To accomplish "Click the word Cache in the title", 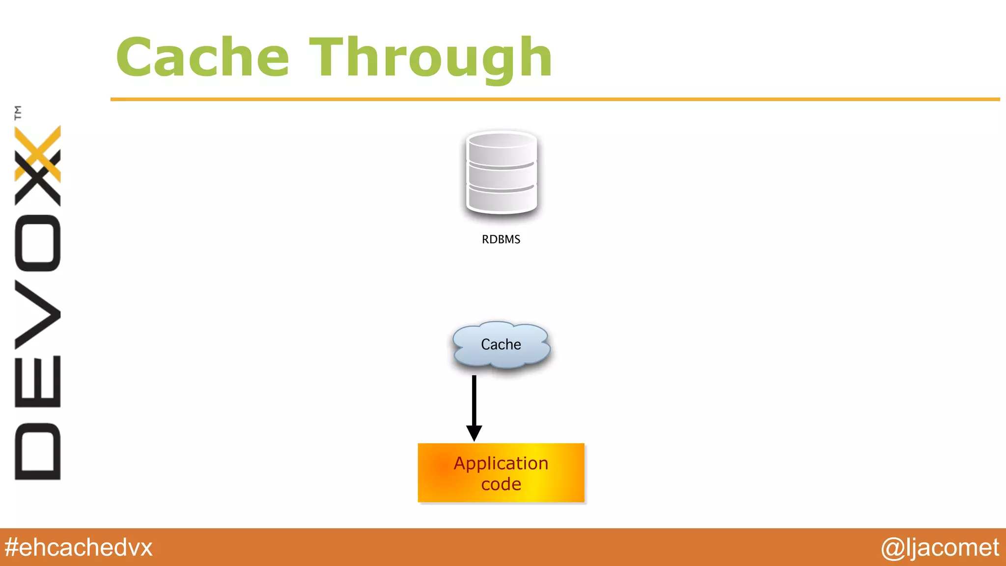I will click(202, 58).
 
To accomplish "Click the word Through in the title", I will click(431, 58).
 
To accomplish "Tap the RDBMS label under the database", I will click(501, 239).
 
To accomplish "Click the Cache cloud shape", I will click(501, 344).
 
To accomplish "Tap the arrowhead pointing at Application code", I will click(474, 433).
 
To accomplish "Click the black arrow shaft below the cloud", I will click(474, 400).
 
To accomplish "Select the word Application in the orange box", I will click(501, 463).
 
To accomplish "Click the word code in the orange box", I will click(501, 484).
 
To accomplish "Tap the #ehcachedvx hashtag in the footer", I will click(79, 547).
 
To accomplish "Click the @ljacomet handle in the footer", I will click(940, 547).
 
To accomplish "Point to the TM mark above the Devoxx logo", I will click(18, 113).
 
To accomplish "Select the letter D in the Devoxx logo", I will click(38, 451).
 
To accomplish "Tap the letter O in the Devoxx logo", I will click(38, 243).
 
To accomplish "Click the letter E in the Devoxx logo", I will click(38, 382).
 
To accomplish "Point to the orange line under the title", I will click(555, 99).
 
